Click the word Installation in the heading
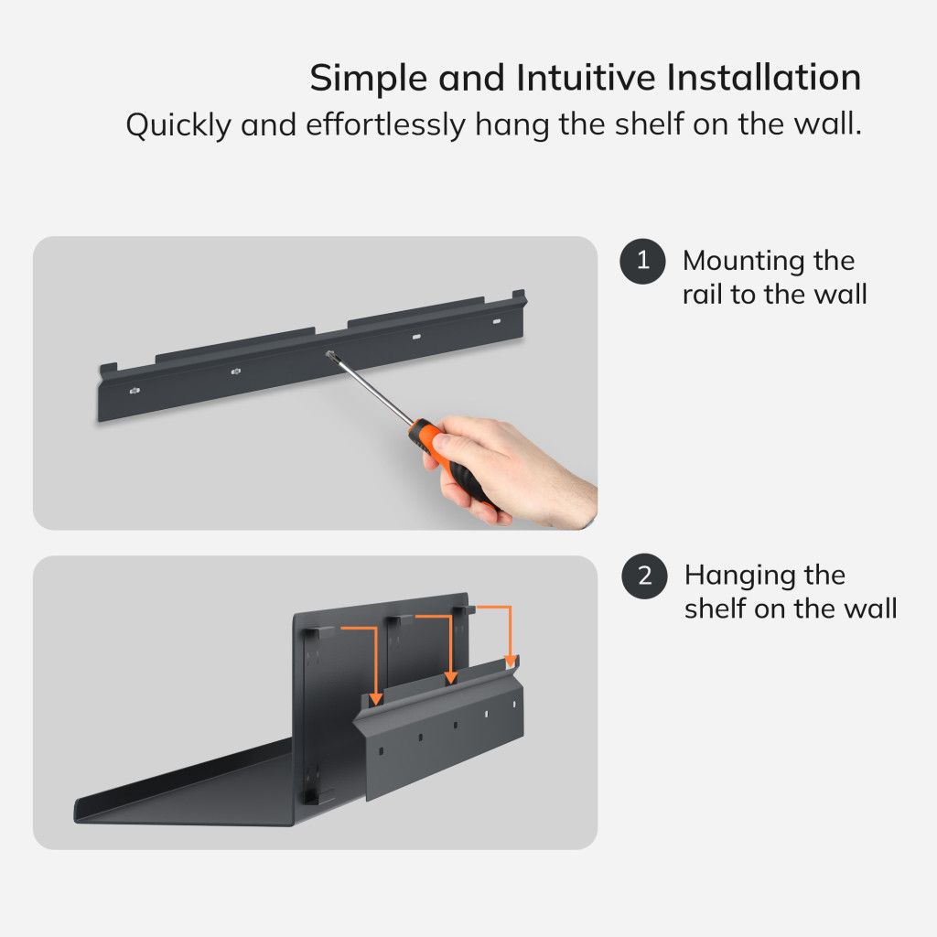pos(763,78)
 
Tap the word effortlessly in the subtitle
pos(385,124)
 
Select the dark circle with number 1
pos(643,261)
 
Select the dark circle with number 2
pos(644,576)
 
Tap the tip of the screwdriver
pos(328,354)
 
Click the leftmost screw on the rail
pos(134,391)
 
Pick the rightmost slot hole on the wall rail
pos(497,321)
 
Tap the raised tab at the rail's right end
pos(520,296)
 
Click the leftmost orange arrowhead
pos(375,700)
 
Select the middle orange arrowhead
pos(450,678)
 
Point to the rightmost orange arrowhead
pos(511,662)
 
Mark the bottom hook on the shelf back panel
pos(318,797)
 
